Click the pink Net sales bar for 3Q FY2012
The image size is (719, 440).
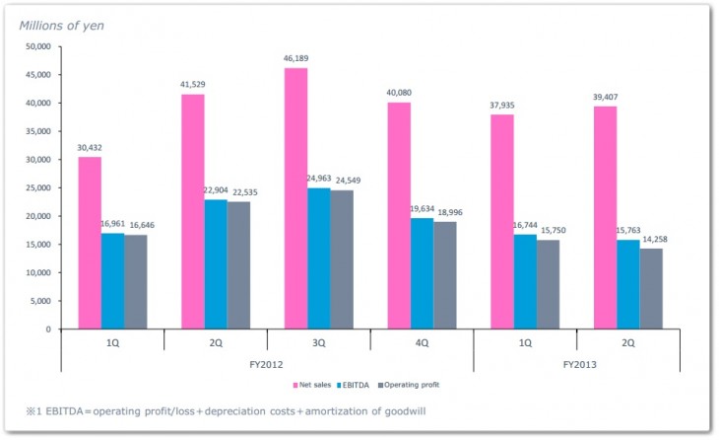coord(295,197)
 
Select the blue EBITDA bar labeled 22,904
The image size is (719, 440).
coord(216,264)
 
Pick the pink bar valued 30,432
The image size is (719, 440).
coord(90,243)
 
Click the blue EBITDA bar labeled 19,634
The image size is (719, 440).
coord(422,273)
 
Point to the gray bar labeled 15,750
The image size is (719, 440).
coord(549,284)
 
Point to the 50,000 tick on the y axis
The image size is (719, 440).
coord(36,46)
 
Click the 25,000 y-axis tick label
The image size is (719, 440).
coord(36,187)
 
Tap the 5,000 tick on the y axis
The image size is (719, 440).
coord(39,301)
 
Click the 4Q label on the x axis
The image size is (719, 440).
coord(422,343)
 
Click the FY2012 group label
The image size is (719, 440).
coord(267,363)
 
